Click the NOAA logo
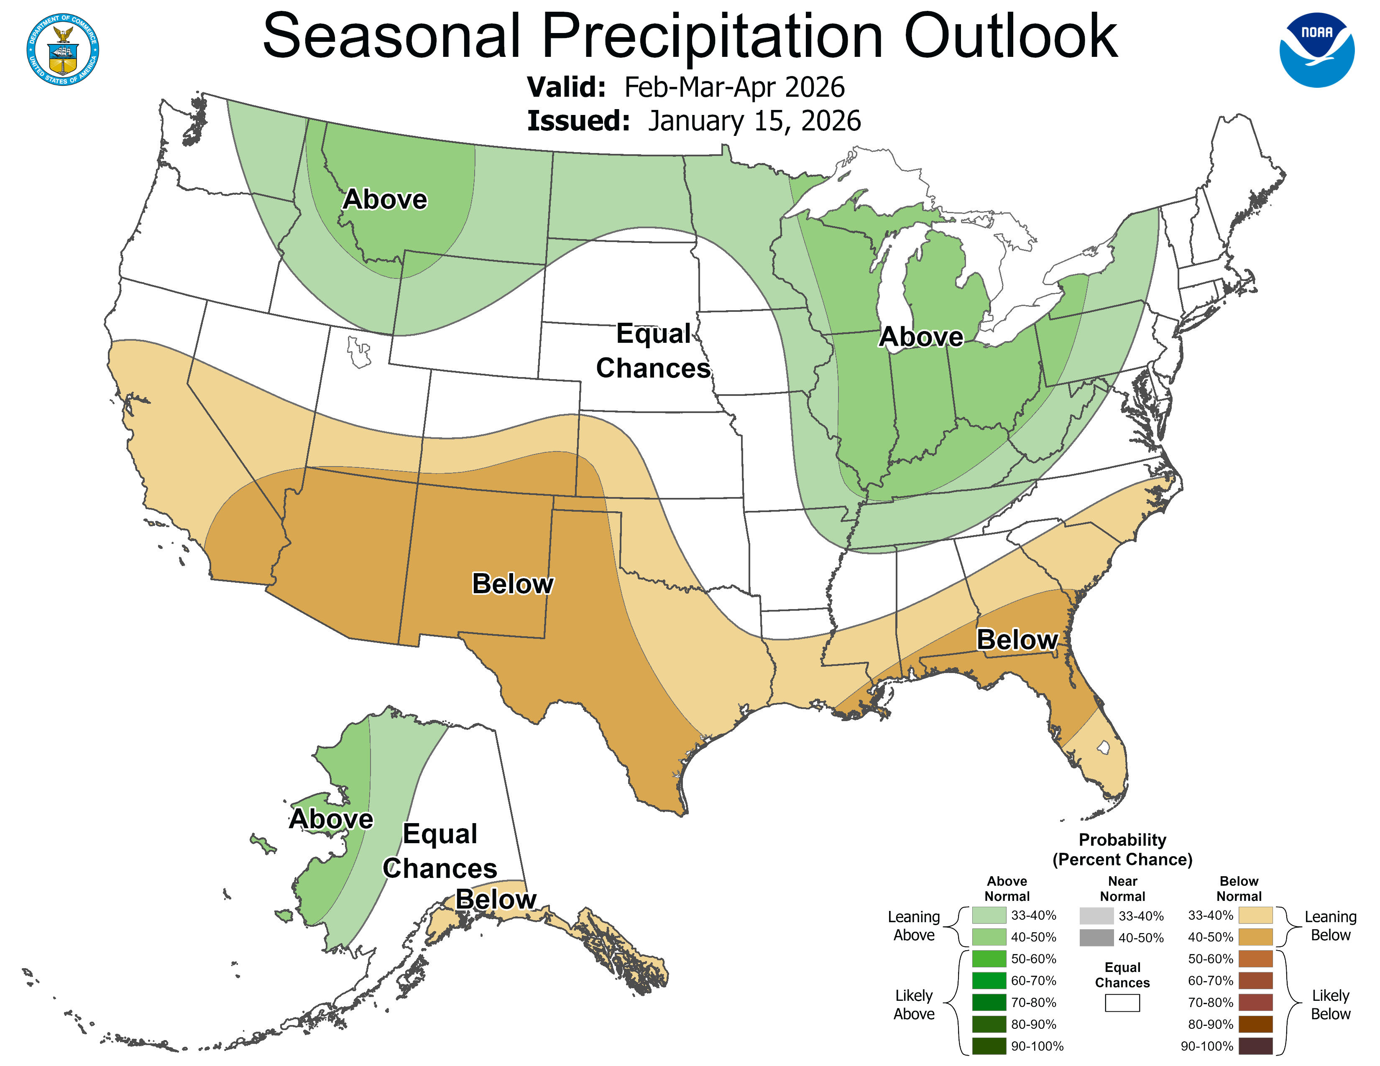click(1317, 50)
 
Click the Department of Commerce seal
click(63, 49)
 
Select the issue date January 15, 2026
click(754, 121)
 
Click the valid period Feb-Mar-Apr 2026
click(734, 87)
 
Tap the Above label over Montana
click(385, 199)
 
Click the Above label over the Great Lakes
click(921, 337)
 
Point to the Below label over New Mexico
click(512, 584)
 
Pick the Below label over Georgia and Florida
click(1017, 640)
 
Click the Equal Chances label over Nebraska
click(653, 351)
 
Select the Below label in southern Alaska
click(496, 899)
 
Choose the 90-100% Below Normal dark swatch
click(1255, 1046)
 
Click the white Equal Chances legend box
click(1122, 1003)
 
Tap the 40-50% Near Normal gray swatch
click(1096, 938)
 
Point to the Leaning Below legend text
click(1330, 926)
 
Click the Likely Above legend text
click(914, 1004)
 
